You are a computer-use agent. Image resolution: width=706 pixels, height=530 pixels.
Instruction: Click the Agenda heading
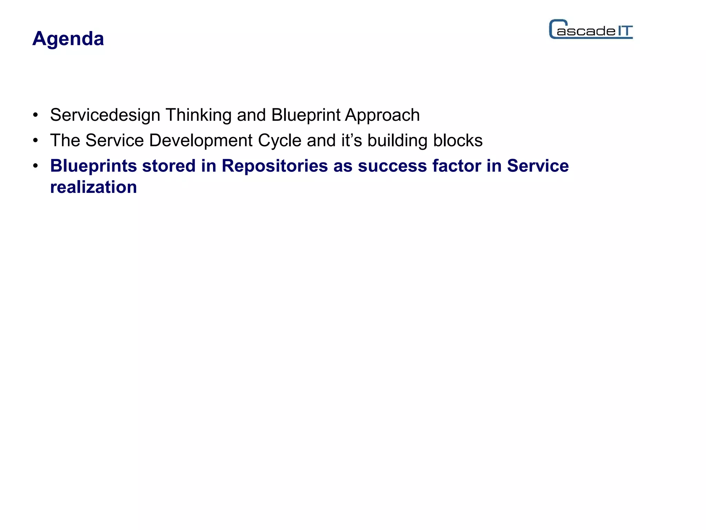[68, 38]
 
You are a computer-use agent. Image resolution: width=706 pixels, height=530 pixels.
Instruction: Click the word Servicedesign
[105, 115]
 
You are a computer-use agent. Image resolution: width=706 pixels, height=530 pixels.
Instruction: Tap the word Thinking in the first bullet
[198, 115]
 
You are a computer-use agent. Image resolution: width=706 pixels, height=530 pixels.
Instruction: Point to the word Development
[201, 140]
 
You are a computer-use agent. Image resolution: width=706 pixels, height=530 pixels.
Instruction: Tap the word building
[397, 141]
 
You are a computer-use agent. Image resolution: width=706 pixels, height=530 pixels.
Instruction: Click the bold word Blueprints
[93, 166]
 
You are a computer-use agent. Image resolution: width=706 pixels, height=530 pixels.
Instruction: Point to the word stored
[169, 166]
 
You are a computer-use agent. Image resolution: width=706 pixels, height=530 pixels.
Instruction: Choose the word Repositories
[274, 166]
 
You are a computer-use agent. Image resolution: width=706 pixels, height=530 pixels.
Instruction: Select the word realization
[93, 187]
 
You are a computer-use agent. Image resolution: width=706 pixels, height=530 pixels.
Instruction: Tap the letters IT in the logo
[625, 31]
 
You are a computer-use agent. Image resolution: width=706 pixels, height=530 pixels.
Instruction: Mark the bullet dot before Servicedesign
[35, 115]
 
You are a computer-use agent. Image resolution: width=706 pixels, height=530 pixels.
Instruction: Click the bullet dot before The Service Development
[35, 141]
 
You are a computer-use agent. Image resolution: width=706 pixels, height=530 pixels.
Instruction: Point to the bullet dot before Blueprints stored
[35, 166]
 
